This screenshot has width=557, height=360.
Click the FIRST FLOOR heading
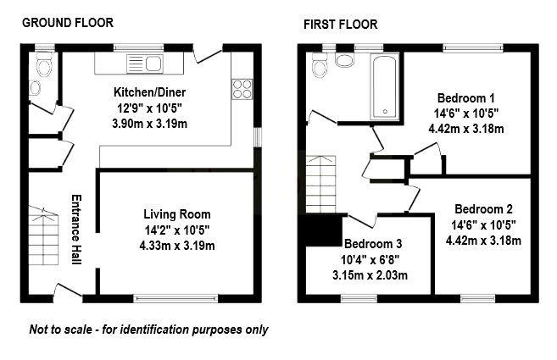(x=340, y=24)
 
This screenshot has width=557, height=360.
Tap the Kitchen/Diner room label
(x=150, y=91)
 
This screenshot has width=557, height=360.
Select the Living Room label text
(x=176, y=213)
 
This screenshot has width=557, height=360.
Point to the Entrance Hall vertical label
(x=75, y=230)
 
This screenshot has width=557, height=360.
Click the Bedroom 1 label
(x=466, y=97)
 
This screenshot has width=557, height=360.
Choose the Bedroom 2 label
(x=483, y=208)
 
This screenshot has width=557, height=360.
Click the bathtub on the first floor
(x=385, y=85)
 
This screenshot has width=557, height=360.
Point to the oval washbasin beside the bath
(x=346, y=60)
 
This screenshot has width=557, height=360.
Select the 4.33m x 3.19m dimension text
(x=176, y=246)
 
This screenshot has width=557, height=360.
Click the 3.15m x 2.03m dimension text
(x=369, y=275)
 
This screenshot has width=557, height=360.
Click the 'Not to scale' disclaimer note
(x=148, y=330)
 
